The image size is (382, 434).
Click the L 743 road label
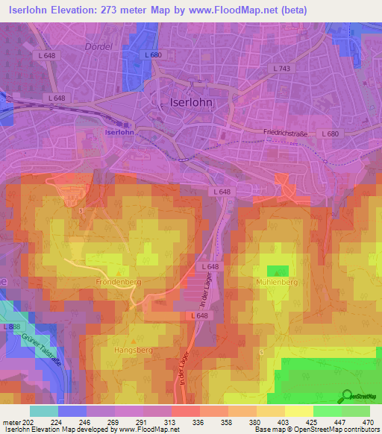click(x=284, y=68)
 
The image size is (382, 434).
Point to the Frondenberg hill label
click(x=119, y=283)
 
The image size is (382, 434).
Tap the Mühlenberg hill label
click(x=277, y=283)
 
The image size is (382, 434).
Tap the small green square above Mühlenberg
click(x=278, y=270)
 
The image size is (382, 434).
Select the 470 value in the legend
click(x=368, y=421)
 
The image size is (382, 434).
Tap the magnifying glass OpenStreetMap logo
click(x=346, y=396)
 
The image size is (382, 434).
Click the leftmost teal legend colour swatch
click(x=43, y=411)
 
